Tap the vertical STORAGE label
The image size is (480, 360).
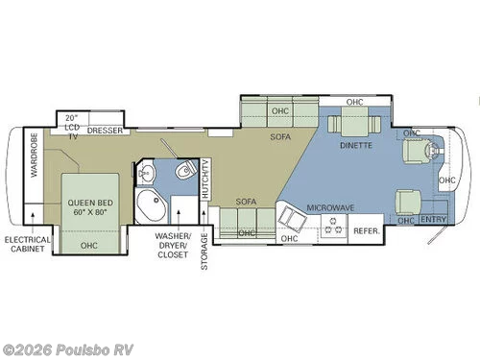pos(204,251)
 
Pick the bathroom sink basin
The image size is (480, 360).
pos(146,174)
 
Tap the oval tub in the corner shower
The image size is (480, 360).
pos(150,204)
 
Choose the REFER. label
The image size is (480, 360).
pos(367,231)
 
